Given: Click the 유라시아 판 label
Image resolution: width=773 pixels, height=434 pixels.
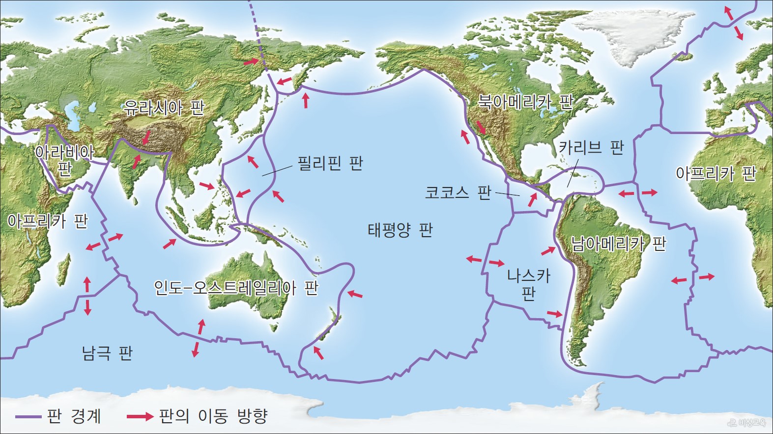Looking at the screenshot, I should coord(163,107).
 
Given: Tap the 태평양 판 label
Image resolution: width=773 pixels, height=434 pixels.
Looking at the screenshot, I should coord(400,230).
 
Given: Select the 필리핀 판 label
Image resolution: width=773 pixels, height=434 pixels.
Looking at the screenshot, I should coord(330,163).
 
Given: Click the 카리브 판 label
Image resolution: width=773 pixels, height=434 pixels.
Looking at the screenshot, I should coord(591,147).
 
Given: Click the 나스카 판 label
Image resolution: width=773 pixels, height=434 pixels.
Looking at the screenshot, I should coord(528,284).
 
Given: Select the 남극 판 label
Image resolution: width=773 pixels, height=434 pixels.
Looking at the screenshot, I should coord(107,353).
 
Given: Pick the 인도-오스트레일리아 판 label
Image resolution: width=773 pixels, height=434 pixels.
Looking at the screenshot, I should coord(236,288).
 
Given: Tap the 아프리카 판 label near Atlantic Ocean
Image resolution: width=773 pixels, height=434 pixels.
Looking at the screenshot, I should coord(716,173).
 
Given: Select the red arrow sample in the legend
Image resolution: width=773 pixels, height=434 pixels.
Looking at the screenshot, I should coord(140,416).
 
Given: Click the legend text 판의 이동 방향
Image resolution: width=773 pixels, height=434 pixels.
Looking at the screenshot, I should coord(213,416).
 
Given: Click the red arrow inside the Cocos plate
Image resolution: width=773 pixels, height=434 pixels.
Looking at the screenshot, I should coord(533,199).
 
